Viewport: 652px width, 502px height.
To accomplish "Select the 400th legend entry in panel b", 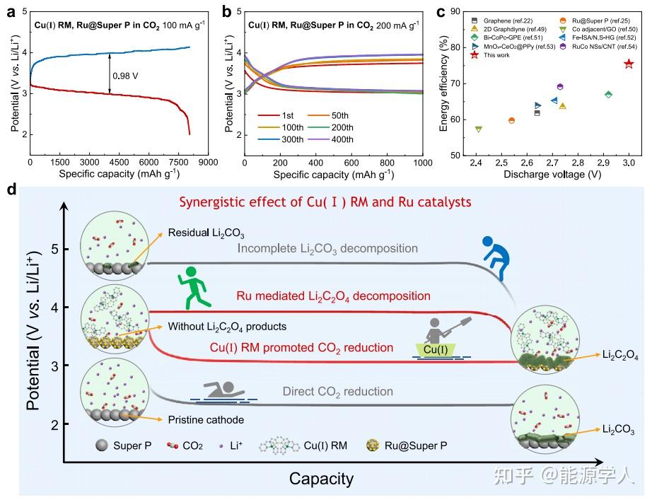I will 342,139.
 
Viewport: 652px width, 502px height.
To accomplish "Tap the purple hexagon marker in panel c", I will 560,86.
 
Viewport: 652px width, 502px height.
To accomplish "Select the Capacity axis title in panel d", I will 321,479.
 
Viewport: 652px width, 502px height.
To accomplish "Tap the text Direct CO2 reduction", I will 337,391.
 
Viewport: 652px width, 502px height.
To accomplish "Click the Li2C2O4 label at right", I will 620,358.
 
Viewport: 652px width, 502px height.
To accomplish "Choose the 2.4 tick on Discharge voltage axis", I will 475,163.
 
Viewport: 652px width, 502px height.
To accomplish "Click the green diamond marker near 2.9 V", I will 608,94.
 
